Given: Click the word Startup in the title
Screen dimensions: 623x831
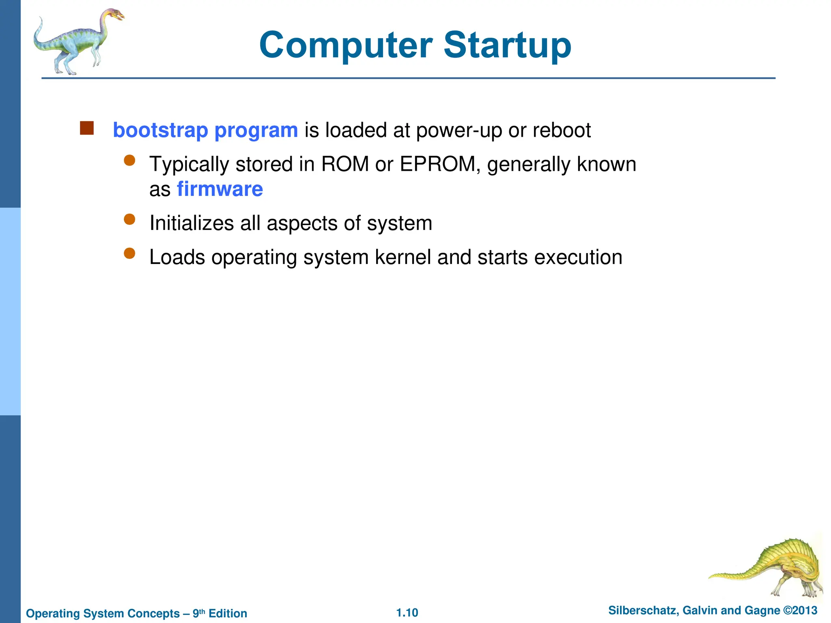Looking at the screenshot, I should pos(507,45).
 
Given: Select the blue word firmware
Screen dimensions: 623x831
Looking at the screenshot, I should pos(220,189).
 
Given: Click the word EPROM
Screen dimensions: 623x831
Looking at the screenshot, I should pos(437,164).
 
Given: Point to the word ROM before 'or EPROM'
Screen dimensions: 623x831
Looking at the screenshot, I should pos(345,164).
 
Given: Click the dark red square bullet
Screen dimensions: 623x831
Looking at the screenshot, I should pos(87,128).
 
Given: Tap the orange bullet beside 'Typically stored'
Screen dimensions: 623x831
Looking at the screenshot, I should pos(129,161).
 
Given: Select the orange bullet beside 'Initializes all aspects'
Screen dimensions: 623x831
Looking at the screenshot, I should pos(129,220).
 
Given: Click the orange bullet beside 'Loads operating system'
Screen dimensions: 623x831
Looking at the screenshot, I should pos(129,254).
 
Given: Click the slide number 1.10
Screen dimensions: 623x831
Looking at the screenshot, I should pos(407,612).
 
